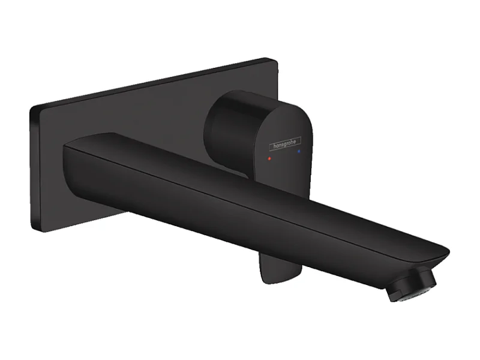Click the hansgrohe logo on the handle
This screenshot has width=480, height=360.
pyautogui.click(x=284, y=143)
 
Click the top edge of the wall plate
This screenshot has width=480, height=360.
pyautogui.click(x=150, y=84)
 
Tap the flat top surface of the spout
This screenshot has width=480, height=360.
pyautogui.click(x=240, y=180)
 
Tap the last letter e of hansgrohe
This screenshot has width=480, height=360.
pyautogui.click(x=300, y=139)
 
